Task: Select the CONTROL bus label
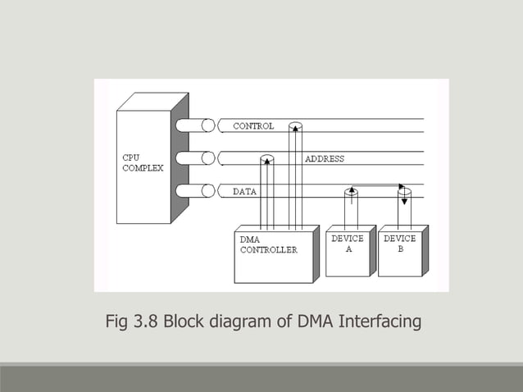[x=253, y=126]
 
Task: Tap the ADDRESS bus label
[x=325, y=158]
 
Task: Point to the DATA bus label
[x=245, y=191]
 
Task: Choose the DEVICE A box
[x=348, y=250]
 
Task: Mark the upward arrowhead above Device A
[x=351, y=190]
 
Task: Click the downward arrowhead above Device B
[x=402, y=200]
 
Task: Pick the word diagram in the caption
[x=239, y=321]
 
